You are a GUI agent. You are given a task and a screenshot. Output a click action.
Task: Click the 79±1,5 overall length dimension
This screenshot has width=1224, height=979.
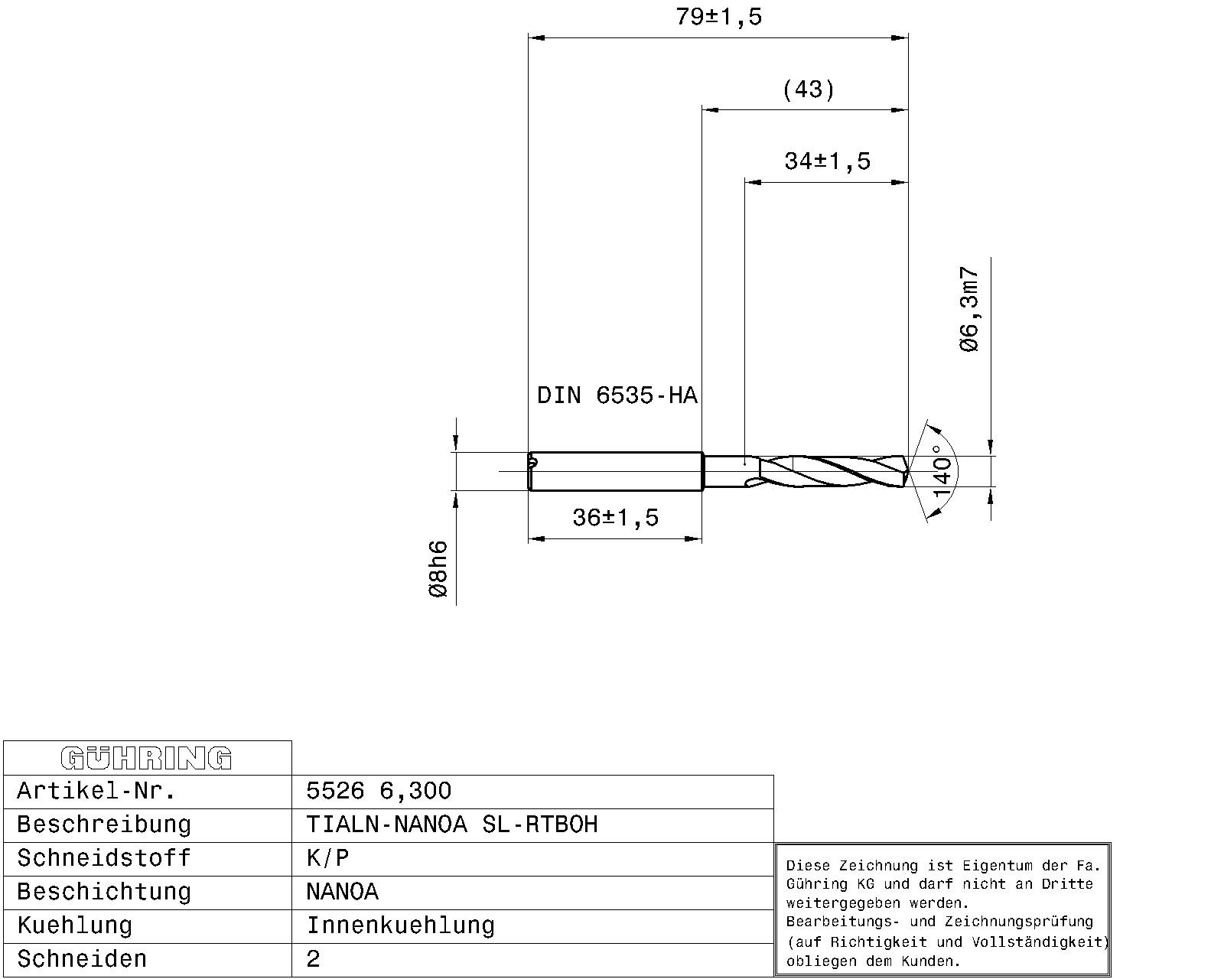pyautogui.click(x=718, y=17)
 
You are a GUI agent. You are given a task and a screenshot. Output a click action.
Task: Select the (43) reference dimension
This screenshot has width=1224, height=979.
pyautogui.click(x=809, y=90)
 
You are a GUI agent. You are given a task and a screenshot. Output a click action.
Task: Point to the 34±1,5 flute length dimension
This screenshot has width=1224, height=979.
pyautogui.click(x=827, y=161)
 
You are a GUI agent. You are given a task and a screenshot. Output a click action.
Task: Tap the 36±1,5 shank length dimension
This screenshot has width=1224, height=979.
pyautogui.click(x=615, y=518)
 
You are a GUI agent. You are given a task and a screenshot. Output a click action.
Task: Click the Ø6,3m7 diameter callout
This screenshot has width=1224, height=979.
pyautogui.click(x=969, y=310)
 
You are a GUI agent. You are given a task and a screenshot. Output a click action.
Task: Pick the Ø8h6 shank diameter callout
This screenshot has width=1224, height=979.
pyautogui.click(x=438, y=569)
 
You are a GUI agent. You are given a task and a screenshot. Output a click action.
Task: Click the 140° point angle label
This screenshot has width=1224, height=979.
pyautogui.click(x=942, y=470)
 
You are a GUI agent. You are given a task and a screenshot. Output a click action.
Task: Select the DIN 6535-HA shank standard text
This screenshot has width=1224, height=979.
pyautogui.click(x=617, y=395)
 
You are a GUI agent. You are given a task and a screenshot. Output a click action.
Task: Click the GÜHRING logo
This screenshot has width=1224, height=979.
pyautogui.click(x=146, y=758)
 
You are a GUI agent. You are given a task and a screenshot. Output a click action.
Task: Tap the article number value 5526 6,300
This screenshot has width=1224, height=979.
pyautogui.click(x=379, y=791)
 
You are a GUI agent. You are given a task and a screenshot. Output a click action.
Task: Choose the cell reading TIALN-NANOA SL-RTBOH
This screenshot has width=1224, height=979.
pyautogui.click(x=452, y=825)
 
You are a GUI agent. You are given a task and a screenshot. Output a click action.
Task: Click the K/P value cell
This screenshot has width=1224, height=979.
pyautogui.click(x=327, y=858)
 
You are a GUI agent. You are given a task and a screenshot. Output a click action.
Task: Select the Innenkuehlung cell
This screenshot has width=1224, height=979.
pyautogui.click(x=400, y=925)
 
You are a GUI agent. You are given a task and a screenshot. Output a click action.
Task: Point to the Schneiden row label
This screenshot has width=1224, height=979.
pyautogui.click(x=82, y=959)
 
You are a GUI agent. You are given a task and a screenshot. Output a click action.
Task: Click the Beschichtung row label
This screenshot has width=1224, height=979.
pyautogui.click(x=104, y=892)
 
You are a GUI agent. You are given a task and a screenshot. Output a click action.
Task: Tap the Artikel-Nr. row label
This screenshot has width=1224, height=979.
pyautogui.click(x=96, y=791)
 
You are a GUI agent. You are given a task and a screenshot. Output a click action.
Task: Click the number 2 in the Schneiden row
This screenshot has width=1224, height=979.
pyautogui.click(x=313, y=959)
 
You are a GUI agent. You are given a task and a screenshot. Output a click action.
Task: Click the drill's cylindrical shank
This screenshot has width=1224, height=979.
pyautogui.click(x=616, y=471)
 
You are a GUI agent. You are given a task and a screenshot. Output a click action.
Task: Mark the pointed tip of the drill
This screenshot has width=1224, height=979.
pyautogui.click(x=908, y=472)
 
